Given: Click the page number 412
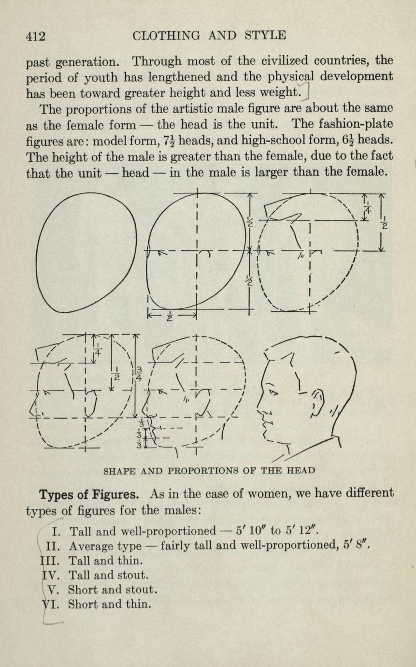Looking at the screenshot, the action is pyautogui.click(x=36, y=36).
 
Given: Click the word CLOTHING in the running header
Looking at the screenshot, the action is pyautogui.click(x=166, y=36).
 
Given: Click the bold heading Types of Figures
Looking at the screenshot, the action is pyautogui.click(x=89, y=494).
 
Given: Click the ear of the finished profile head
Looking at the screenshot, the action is pyautogui.click(x=318, y=402).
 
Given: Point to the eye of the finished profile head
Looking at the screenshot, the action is pyautogui.click(x=273, y=392).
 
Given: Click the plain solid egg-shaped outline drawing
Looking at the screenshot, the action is pyautogui.click(x=86, y=252).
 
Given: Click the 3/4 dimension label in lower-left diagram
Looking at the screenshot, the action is pyautogui.click(x=139, y=374).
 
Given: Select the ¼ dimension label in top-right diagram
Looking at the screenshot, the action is pyautogui.click(x=368, y=207).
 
